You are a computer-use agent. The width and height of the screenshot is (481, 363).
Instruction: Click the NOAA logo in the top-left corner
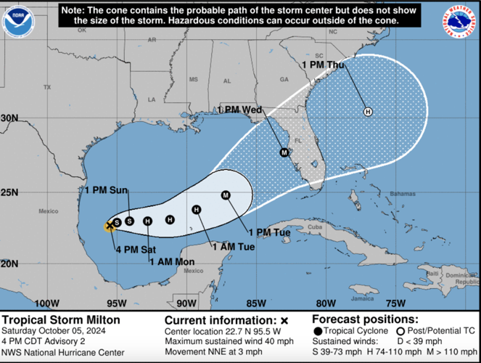point(18,21)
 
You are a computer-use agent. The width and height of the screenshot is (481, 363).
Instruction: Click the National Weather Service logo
point(461,21)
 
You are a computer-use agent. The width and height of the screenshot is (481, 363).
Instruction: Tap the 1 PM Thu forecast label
point(323,64)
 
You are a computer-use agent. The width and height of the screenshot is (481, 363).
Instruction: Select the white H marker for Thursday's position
point(368,111)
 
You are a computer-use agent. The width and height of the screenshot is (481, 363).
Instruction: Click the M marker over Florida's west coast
point(284,152)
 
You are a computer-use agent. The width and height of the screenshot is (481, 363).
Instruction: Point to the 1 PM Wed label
point(239,110)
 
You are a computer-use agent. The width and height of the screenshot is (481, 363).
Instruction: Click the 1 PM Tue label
point(269,232)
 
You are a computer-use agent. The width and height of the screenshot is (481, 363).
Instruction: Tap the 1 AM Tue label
point(234,246)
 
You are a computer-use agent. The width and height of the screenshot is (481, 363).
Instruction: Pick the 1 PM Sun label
point(107,190)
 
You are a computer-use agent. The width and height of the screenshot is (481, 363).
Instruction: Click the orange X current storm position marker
point(110,226)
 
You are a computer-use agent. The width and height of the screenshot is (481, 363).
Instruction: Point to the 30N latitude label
point(9,118)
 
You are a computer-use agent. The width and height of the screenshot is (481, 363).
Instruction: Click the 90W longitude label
point(186,303)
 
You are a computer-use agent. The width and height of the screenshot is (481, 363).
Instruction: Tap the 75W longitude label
point(395,303)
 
